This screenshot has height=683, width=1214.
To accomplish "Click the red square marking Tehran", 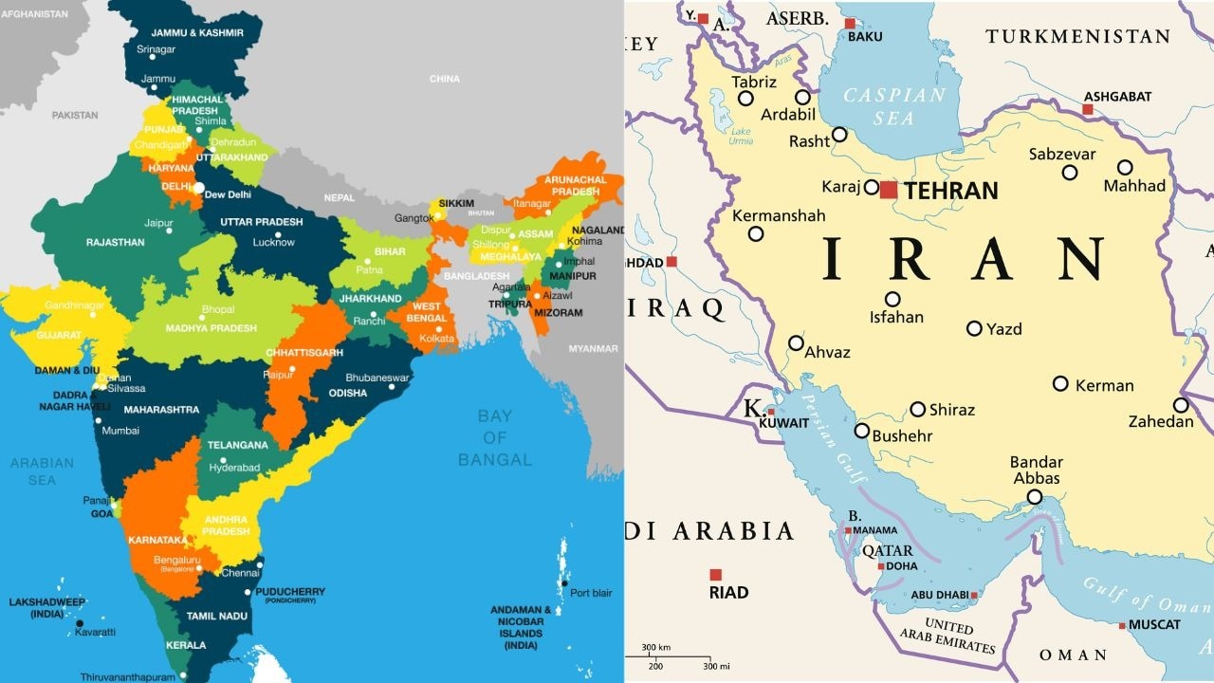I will coord(888,190).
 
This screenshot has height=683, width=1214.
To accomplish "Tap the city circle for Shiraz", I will coord(917,410).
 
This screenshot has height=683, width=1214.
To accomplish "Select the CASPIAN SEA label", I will coord(894,106).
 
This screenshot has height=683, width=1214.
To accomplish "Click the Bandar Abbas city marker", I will coord(1035,497).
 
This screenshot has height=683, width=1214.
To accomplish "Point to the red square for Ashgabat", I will coord(1088,110).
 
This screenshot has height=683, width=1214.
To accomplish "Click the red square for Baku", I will coord(850,24).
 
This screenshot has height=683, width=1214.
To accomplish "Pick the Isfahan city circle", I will coord(892,299).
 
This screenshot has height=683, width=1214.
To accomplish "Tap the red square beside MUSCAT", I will coord(1122,625).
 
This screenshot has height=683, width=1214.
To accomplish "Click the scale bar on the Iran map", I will coord(675,656).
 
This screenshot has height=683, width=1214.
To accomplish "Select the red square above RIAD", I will coord(715,575).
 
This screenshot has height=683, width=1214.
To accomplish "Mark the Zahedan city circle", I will coord(1181,405).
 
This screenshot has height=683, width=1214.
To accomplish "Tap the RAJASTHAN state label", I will coord(115,243).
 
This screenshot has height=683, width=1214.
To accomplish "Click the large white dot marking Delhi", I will coord(198,188).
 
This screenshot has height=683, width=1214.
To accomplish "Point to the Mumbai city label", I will coord(120,431).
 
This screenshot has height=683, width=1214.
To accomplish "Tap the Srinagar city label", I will coord(156,49).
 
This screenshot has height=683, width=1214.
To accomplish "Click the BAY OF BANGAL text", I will coord(494,437).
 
